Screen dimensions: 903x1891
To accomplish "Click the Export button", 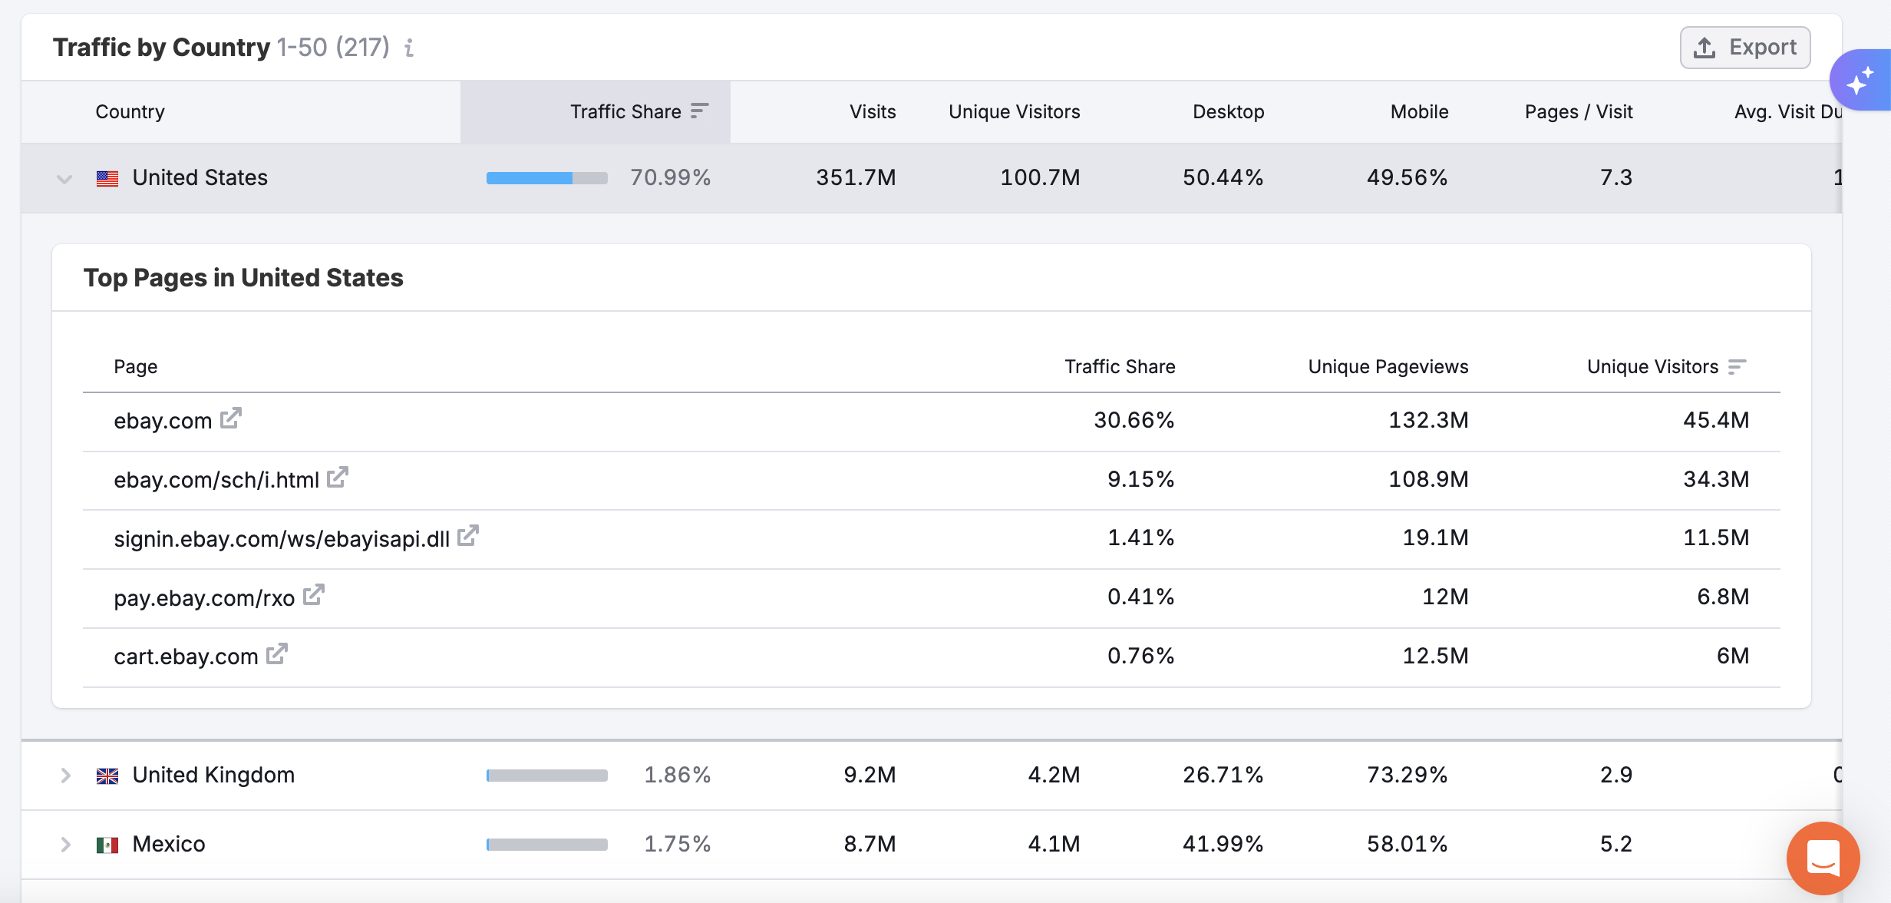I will (1745, 48).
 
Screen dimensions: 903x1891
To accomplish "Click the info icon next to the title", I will (410, 48).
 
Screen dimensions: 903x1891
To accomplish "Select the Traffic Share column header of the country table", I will (625, 112).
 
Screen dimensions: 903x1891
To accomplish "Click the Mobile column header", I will (1419, 112).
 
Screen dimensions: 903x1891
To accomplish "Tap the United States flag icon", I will (107, 179).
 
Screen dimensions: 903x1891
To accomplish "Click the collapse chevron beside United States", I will (64, 179).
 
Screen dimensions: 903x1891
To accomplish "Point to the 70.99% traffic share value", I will (670, 178).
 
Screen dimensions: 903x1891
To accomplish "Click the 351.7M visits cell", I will (856, 178).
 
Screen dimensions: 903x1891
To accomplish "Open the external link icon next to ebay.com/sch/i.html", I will (338, 478).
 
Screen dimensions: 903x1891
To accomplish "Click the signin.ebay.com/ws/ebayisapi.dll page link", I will (282, 539).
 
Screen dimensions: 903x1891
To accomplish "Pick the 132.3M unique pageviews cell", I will (1428, 420).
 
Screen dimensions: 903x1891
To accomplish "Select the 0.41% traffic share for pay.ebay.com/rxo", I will (1140, 597).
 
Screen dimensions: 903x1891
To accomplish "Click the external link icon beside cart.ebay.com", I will (277, 654).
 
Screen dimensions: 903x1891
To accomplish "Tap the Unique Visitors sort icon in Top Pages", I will (1737, 367).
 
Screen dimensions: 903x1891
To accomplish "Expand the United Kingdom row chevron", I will (66, 776).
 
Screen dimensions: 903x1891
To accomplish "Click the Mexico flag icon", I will (107, 845).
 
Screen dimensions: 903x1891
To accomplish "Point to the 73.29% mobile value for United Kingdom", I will (1407, 775).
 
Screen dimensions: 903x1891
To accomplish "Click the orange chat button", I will (1823, 858).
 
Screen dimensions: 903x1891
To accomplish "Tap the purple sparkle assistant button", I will (1861, 81).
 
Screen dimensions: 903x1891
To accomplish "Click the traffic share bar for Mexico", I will (547, 845).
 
